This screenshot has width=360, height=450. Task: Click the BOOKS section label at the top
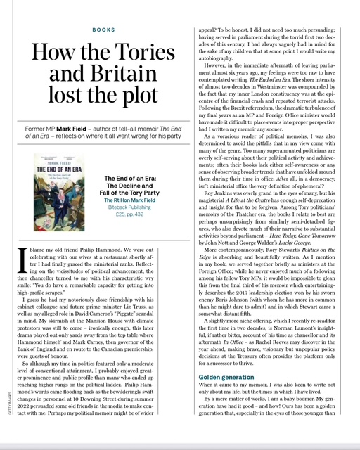[x=105, y=30]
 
